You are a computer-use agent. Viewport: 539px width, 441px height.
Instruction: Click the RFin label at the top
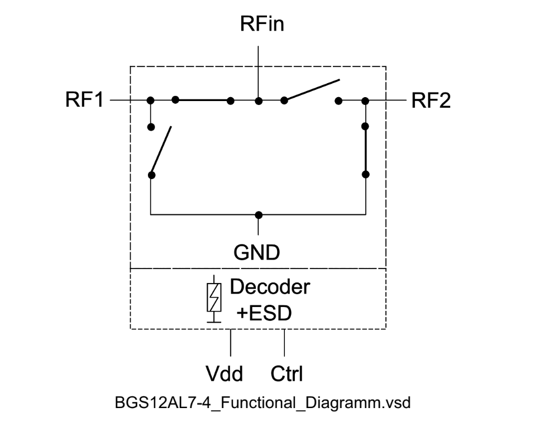[x=262, y=25]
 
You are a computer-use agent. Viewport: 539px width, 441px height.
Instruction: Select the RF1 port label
[x=84, y=101]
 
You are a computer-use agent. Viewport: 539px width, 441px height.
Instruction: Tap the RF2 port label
[x=431, y=101]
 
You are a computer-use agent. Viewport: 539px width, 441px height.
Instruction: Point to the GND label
[x=257, y=253]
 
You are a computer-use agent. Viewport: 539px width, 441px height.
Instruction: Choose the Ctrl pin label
[x=287, y=373]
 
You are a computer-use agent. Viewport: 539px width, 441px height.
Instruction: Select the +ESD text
[x=264, y=313]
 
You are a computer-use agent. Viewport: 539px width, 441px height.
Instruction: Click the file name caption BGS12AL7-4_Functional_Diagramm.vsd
[x=262, y=403]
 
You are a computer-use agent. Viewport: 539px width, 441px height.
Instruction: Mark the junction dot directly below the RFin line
[x=258, y=101]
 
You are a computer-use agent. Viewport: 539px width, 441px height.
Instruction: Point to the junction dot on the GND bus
[x=258, y=214]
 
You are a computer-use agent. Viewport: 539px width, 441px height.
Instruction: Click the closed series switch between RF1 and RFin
[x=203, y=100]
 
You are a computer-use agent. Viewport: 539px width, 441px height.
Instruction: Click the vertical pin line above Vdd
[x=231, y=343]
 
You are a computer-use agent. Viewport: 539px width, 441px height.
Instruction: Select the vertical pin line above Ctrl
[x=285, y=343]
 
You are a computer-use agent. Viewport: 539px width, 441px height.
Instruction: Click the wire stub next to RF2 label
[x=387, y=101]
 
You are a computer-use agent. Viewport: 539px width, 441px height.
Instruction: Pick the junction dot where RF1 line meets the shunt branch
[x=150, y=101]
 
